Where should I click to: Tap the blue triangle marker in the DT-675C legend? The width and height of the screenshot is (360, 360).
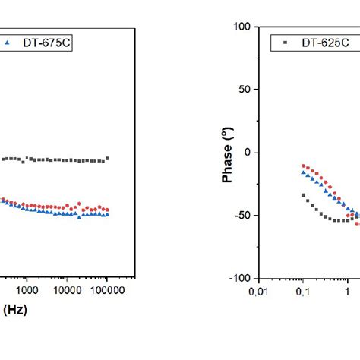click(7, 43)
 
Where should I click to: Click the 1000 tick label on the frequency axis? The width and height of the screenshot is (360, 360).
click(27, 289)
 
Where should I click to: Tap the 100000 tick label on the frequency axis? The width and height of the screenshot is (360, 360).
click(107, 289)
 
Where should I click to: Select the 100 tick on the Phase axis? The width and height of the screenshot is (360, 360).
click(242, 27)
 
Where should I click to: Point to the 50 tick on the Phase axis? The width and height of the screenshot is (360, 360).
click(245, 90)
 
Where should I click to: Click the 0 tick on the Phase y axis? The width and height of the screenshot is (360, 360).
click(248, 153)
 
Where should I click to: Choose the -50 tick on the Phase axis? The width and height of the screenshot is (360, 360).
click(244, 216)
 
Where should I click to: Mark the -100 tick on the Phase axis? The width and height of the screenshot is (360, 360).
click(242, 279)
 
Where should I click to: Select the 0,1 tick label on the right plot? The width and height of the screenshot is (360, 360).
click(303, 289)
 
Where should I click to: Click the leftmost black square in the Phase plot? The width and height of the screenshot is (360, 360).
click(303, 195)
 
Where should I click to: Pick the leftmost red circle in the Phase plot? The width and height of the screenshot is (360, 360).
click(303, 166)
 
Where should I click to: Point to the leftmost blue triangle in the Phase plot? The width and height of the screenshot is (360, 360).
click(303, 172)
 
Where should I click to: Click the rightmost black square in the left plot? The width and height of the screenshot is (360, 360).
click(107, 158)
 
